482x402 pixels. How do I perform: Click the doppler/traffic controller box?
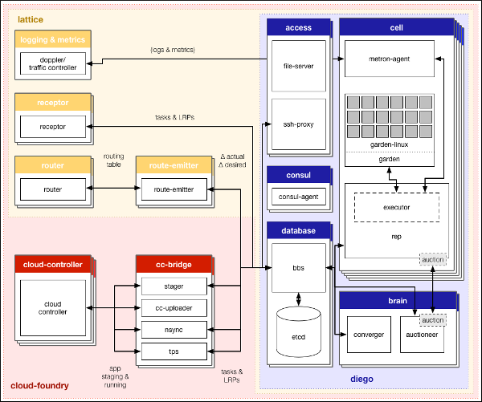coord(52,63)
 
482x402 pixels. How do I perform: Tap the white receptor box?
coord(52,126)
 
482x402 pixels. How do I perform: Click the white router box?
coord(52,189)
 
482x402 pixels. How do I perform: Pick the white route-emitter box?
coord(174,189)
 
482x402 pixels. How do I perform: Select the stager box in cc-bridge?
coord(174,286)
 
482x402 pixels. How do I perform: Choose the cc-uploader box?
coord(174,307)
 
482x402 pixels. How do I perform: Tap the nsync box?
coord(174,329)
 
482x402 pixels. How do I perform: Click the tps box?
coord(174,351)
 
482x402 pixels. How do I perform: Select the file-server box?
coord(298,67)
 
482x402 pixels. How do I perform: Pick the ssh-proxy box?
coord(298,126)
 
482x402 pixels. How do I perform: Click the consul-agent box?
coord(298,197)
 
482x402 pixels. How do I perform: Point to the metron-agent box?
coord(390,58)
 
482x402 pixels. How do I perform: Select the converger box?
coord(369,335)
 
